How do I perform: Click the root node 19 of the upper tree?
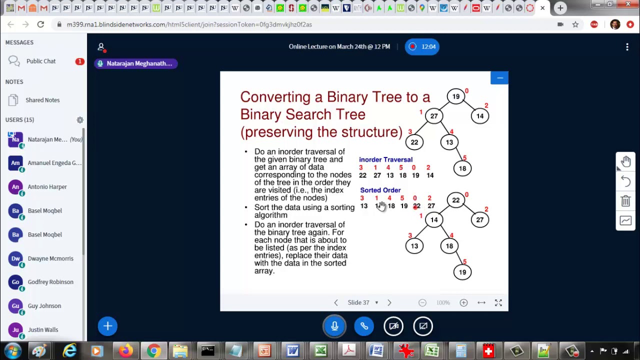click(x=456, y=96)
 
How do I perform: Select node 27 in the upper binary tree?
click(x=434, y=116)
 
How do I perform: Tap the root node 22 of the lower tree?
click(x=456, y=200)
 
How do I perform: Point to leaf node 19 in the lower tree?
click(x=462, y=272)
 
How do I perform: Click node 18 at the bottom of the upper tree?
click(x=462, y=168)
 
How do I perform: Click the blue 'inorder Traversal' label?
click(x=385, y=159)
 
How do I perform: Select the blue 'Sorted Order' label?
click(x=380, y=190)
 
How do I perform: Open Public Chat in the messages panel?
click(x=41, y=61)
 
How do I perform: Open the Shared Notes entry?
click(x=42, y=100)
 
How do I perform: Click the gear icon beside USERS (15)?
click(x=80, y=120)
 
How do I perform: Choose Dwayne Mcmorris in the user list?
click(x=50, y=258)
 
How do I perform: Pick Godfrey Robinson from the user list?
click(x=50, y=282)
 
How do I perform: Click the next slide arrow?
click(x=389, y=302)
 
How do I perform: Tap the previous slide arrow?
click(x=336, y=302)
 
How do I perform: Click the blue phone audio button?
click(x=364, y=326)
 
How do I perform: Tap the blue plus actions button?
click(x=107, y=326)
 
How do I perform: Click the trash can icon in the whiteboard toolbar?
click(x=625, y=201)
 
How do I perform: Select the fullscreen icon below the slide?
click(x=498, y=302)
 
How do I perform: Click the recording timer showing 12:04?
click(x=422, y=46)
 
